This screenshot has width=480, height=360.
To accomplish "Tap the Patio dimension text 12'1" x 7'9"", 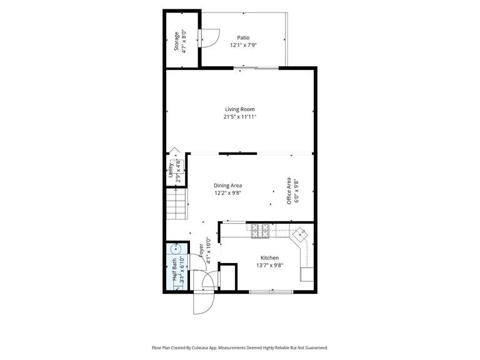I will [x=244, y=45].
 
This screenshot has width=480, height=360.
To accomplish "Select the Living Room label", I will [x=240, y=109].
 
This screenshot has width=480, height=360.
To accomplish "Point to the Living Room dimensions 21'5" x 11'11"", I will [x=240, y=117].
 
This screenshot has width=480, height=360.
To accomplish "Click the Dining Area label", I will [x=227, y=186].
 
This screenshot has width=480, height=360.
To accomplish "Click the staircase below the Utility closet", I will [x=177, y=203].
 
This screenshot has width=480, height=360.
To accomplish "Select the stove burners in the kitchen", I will [x=261, y=231].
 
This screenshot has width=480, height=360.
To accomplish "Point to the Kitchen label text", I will [x=269, y=257].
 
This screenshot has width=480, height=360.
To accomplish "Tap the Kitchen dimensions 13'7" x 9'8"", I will [x=269, y=265].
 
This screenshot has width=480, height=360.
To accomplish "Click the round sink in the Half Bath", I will [x=175, y=249].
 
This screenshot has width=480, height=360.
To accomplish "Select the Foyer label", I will [x=201, y=251].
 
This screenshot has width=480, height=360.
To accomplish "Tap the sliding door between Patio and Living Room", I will [x=253, y=67].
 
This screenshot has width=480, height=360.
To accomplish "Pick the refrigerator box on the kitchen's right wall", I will [x=307, y=274].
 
